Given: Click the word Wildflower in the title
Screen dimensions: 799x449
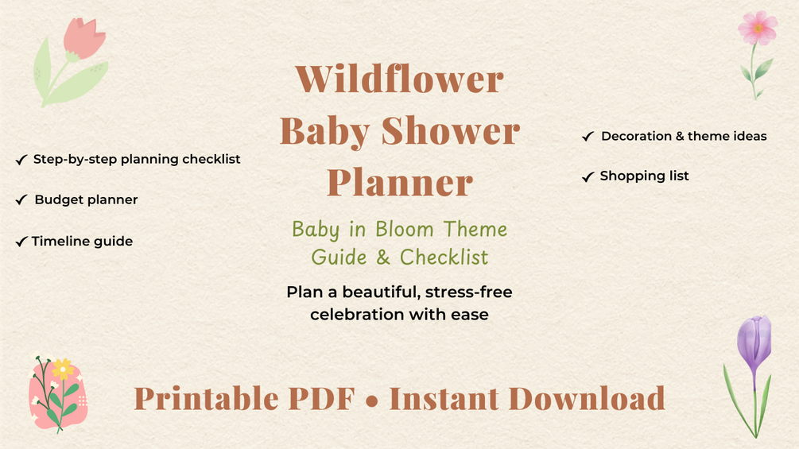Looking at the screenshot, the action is (x=399, y=79).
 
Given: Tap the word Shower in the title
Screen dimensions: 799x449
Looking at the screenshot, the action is (x=451, y=131).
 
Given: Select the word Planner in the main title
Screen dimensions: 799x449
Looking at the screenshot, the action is (x=400, y=182).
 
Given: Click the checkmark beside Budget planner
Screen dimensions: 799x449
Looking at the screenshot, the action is (x=21, y=199).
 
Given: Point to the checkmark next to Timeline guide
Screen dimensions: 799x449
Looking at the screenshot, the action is (x=21, y=242).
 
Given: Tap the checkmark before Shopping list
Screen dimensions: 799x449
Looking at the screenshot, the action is (x=588, y=176).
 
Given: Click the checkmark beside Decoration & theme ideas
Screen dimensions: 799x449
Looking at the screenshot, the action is (x=588, y=137).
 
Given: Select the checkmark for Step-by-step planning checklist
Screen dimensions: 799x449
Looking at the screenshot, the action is (x=21, y=160).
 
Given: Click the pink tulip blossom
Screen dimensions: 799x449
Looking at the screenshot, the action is (x=83, y=38).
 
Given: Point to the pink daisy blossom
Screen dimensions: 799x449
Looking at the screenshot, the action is (x=758, y=28).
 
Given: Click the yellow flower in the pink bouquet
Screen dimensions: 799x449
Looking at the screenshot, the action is (x=63, y=369).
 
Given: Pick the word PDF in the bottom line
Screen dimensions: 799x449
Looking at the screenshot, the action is (x=321, y=398).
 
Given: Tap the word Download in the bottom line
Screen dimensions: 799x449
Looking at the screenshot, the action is (x=587, y=398).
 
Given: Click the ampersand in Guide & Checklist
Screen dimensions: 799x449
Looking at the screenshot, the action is (x=383, y=257).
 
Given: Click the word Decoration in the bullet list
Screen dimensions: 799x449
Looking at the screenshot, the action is (x=637, y=136).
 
